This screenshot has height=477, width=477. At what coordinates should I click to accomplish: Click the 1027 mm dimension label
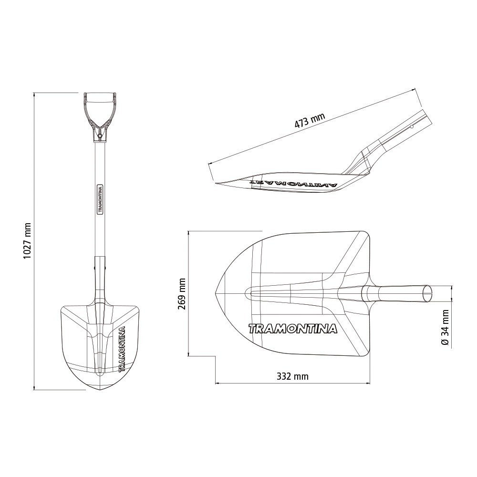pyautogui.click(x=28, y=241)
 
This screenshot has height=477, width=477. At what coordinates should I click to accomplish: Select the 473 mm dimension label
pyautogui.click(x=310, y=120)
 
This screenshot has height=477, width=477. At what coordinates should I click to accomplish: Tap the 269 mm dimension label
pyautogui.click(x=182, y=293)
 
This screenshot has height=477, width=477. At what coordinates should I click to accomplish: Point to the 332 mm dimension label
pyautogui.click(x=292, y=377)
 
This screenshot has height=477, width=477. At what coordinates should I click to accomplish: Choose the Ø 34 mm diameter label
pyautogui.click(x=445, y=328)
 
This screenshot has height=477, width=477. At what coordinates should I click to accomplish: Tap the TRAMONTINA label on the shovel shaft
pyautogui.click(x=100, y=199)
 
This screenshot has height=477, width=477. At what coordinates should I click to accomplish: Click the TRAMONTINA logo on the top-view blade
pyautogui.click(x=293, y=329)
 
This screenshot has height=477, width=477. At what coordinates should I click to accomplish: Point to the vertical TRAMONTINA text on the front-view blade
pyautogui.click(x=122, y=349)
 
